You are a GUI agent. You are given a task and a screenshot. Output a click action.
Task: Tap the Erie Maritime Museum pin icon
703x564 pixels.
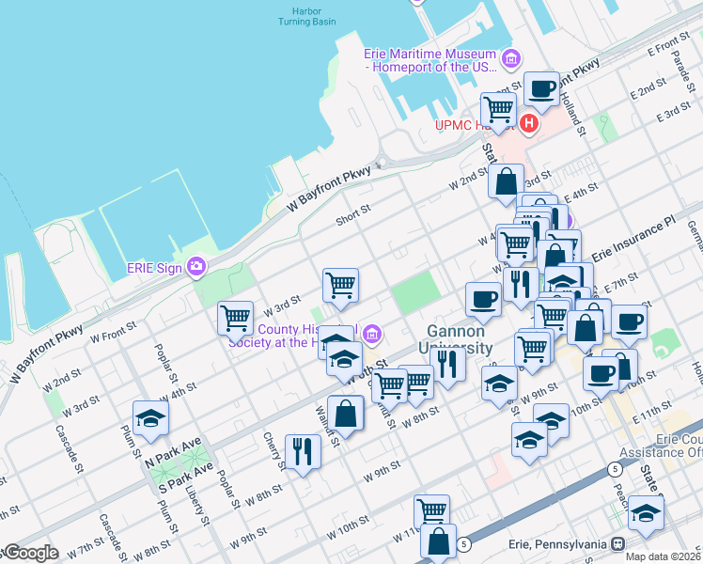pos(511,60)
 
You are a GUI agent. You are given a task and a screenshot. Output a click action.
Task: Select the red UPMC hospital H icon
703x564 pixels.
pos(529,123)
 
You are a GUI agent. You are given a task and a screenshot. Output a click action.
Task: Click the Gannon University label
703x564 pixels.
pos(456,339)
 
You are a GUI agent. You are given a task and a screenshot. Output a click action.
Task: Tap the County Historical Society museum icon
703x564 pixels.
pos(373,334)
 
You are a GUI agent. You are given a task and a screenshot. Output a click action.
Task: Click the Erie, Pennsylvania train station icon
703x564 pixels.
pos(617,543)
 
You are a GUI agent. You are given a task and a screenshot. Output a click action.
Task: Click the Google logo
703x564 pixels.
pos(30,554)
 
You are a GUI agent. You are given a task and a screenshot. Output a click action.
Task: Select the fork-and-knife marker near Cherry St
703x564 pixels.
pos(303,452)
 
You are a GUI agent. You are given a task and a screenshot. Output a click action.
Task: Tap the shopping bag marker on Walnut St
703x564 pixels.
pos(346,413)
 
